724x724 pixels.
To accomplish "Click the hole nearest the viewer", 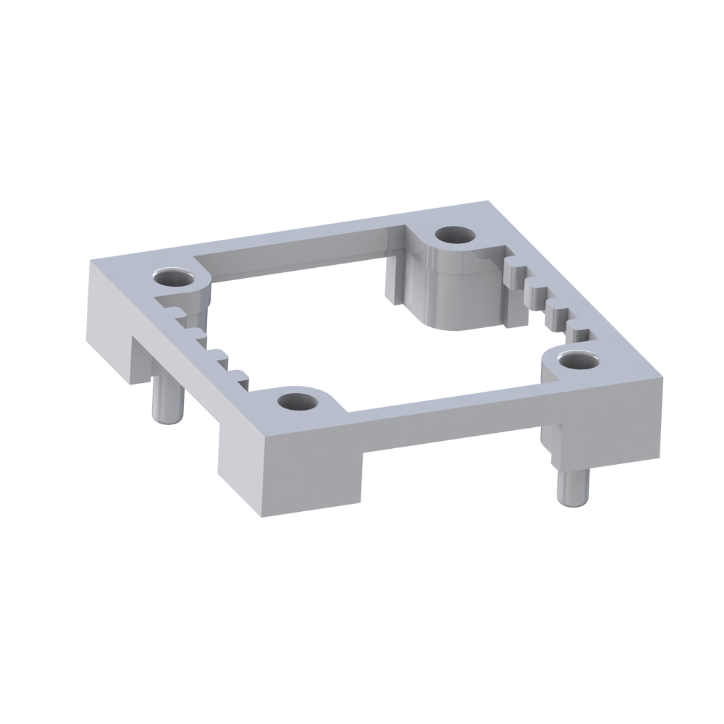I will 295,400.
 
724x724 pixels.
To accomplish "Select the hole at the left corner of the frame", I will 174,277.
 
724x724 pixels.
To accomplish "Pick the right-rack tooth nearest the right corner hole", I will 579,334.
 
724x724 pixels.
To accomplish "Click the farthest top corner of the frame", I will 484,203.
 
